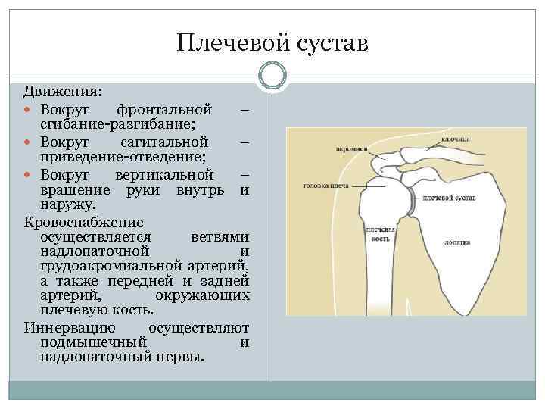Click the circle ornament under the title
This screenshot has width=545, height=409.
point(272,75)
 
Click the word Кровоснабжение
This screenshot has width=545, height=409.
point(83,222)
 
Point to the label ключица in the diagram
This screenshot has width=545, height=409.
point(457,139)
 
